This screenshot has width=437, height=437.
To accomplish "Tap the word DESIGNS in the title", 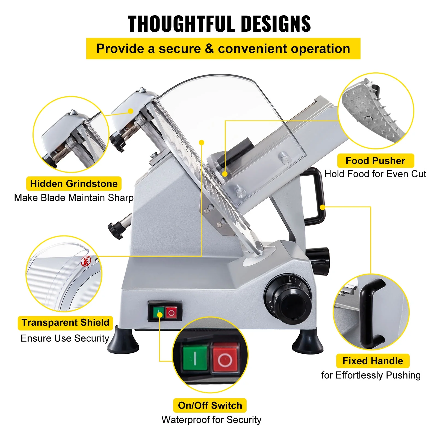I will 276,24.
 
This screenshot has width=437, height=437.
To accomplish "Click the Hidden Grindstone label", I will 74,184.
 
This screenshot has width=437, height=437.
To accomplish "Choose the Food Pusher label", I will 375,161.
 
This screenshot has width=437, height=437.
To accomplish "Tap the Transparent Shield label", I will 65,323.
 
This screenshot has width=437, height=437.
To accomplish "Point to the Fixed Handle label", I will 373,361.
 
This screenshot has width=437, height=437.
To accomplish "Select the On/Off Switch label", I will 210,405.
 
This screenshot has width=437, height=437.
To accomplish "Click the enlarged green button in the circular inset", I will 195,358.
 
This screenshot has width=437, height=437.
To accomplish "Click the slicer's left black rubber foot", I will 123,341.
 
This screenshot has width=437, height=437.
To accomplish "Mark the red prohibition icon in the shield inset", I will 86,261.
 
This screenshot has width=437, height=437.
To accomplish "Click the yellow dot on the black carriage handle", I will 322,207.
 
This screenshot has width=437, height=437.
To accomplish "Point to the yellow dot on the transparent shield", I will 202,142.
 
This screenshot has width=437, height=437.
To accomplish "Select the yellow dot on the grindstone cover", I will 131,111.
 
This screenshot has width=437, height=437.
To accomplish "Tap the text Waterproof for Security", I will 211,420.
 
